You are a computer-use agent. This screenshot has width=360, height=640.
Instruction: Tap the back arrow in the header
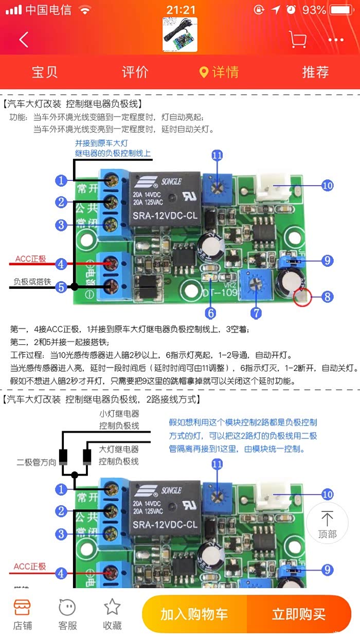click(x=24, y=40)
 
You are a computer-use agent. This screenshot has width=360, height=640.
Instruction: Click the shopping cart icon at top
click(x=297, y=39)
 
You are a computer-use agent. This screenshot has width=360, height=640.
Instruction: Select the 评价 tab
click(x=135, y=72)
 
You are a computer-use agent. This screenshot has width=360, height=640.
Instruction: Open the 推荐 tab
click(x=315, y=72)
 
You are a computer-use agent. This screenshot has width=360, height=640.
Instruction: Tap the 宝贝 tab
click(x=45, y=72)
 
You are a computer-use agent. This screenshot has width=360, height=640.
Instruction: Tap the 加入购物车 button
click(x=194, y=614)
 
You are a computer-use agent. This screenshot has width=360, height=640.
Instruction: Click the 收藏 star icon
click(x=113, y=607)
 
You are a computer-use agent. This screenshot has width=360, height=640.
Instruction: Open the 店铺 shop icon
click(x=22, y=607)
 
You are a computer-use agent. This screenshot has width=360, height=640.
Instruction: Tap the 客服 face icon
click(x=67, y=607)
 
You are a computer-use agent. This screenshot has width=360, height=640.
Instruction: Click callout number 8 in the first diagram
click(x=328, y=296)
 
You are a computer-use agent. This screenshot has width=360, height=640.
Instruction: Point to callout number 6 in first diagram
click(x=210, y=312)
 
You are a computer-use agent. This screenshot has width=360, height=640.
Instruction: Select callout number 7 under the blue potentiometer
click(x=256, y=312)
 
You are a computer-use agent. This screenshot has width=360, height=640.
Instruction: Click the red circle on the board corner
click(x=302, y=297)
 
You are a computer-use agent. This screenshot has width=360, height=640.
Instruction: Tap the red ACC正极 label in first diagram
click(x=30, y=259)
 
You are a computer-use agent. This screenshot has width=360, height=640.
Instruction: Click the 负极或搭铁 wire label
click(x=32, y=282)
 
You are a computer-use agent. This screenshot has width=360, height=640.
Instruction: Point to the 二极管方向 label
click(x=36, y=462)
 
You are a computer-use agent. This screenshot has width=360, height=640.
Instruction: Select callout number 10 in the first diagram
click(x=328, y=186)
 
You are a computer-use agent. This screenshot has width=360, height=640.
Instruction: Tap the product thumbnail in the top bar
click(x=179, y=34)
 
